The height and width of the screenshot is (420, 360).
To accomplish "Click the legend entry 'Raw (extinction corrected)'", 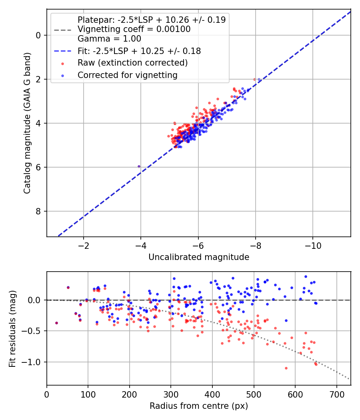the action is (x=132, y=63).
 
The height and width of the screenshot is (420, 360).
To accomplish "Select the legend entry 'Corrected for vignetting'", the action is (x=128, y=75).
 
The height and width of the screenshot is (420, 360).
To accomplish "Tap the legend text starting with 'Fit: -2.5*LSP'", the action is (x=139, y=51).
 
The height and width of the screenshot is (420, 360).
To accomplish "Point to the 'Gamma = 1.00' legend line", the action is (x=109, y=39).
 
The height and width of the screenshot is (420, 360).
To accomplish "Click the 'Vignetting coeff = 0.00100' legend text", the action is (x=134, y=29).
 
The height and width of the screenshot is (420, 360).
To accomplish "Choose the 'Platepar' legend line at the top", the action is (x=152, y=20).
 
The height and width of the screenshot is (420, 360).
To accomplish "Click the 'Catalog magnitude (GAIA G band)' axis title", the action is (x=27, y=123).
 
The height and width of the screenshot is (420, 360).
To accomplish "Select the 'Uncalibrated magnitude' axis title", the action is (x=199, y=257).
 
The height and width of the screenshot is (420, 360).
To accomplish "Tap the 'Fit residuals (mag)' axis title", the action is (x=12, y=329).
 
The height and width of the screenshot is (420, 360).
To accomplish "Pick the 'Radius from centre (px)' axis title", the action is (x=199, y=406).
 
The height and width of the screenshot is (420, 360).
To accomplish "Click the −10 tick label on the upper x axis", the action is (x=313, y=246).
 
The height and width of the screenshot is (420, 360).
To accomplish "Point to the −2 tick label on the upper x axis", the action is (x=84, y=246).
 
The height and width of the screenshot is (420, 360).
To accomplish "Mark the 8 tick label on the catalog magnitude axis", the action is (x=38, y=211).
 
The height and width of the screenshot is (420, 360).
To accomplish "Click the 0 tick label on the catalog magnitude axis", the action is (x=38, y=35).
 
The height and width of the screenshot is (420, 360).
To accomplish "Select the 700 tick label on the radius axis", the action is (x=336, y=394).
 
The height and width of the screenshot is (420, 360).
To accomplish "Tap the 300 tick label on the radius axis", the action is (x=171, y=394).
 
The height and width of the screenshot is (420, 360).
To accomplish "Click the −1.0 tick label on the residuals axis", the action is (x=32, y=362).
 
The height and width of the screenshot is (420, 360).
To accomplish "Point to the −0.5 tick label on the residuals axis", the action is (x=32, y=331).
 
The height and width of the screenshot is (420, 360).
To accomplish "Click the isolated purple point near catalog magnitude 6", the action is (x=139, y=167).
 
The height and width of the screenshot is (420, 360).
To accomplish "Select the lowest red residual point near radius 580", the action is (x=286, y=368).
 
